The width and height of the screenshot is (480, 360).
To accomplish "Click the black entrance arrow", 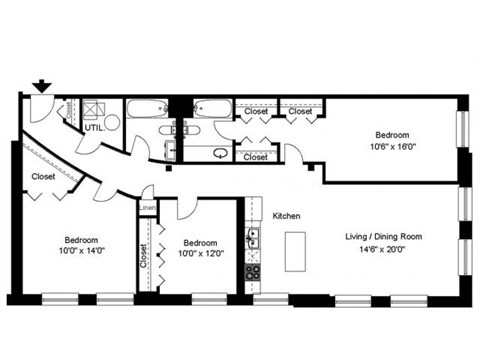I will tap(41, 87).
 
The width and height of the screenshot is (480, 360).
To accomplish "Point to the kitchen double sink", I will tap(254, 238).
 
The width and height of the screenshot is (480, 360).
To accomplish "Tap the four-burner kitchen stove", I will tap(254, 270).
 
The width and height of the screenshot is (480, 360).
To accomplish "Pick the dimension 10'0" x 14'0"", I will tap(82, 250).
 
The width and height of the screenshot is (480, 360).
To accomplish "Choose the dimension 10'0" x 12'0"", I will tap(200, 254).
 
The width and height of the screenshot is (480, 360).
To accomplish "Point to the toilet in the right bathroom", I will tap(220, 153).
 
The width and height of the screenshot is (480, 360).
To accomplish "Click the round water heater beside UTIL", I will tap(110, 122).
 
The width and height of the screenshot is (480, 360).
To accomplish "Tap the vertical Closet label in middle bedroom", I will tap(144, 258).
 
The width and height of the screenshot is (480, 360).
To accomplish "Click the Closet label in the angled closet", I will tap(43, 177).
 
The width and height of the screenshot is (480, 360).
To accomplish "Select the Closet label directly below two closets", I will tap(256, 157).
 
